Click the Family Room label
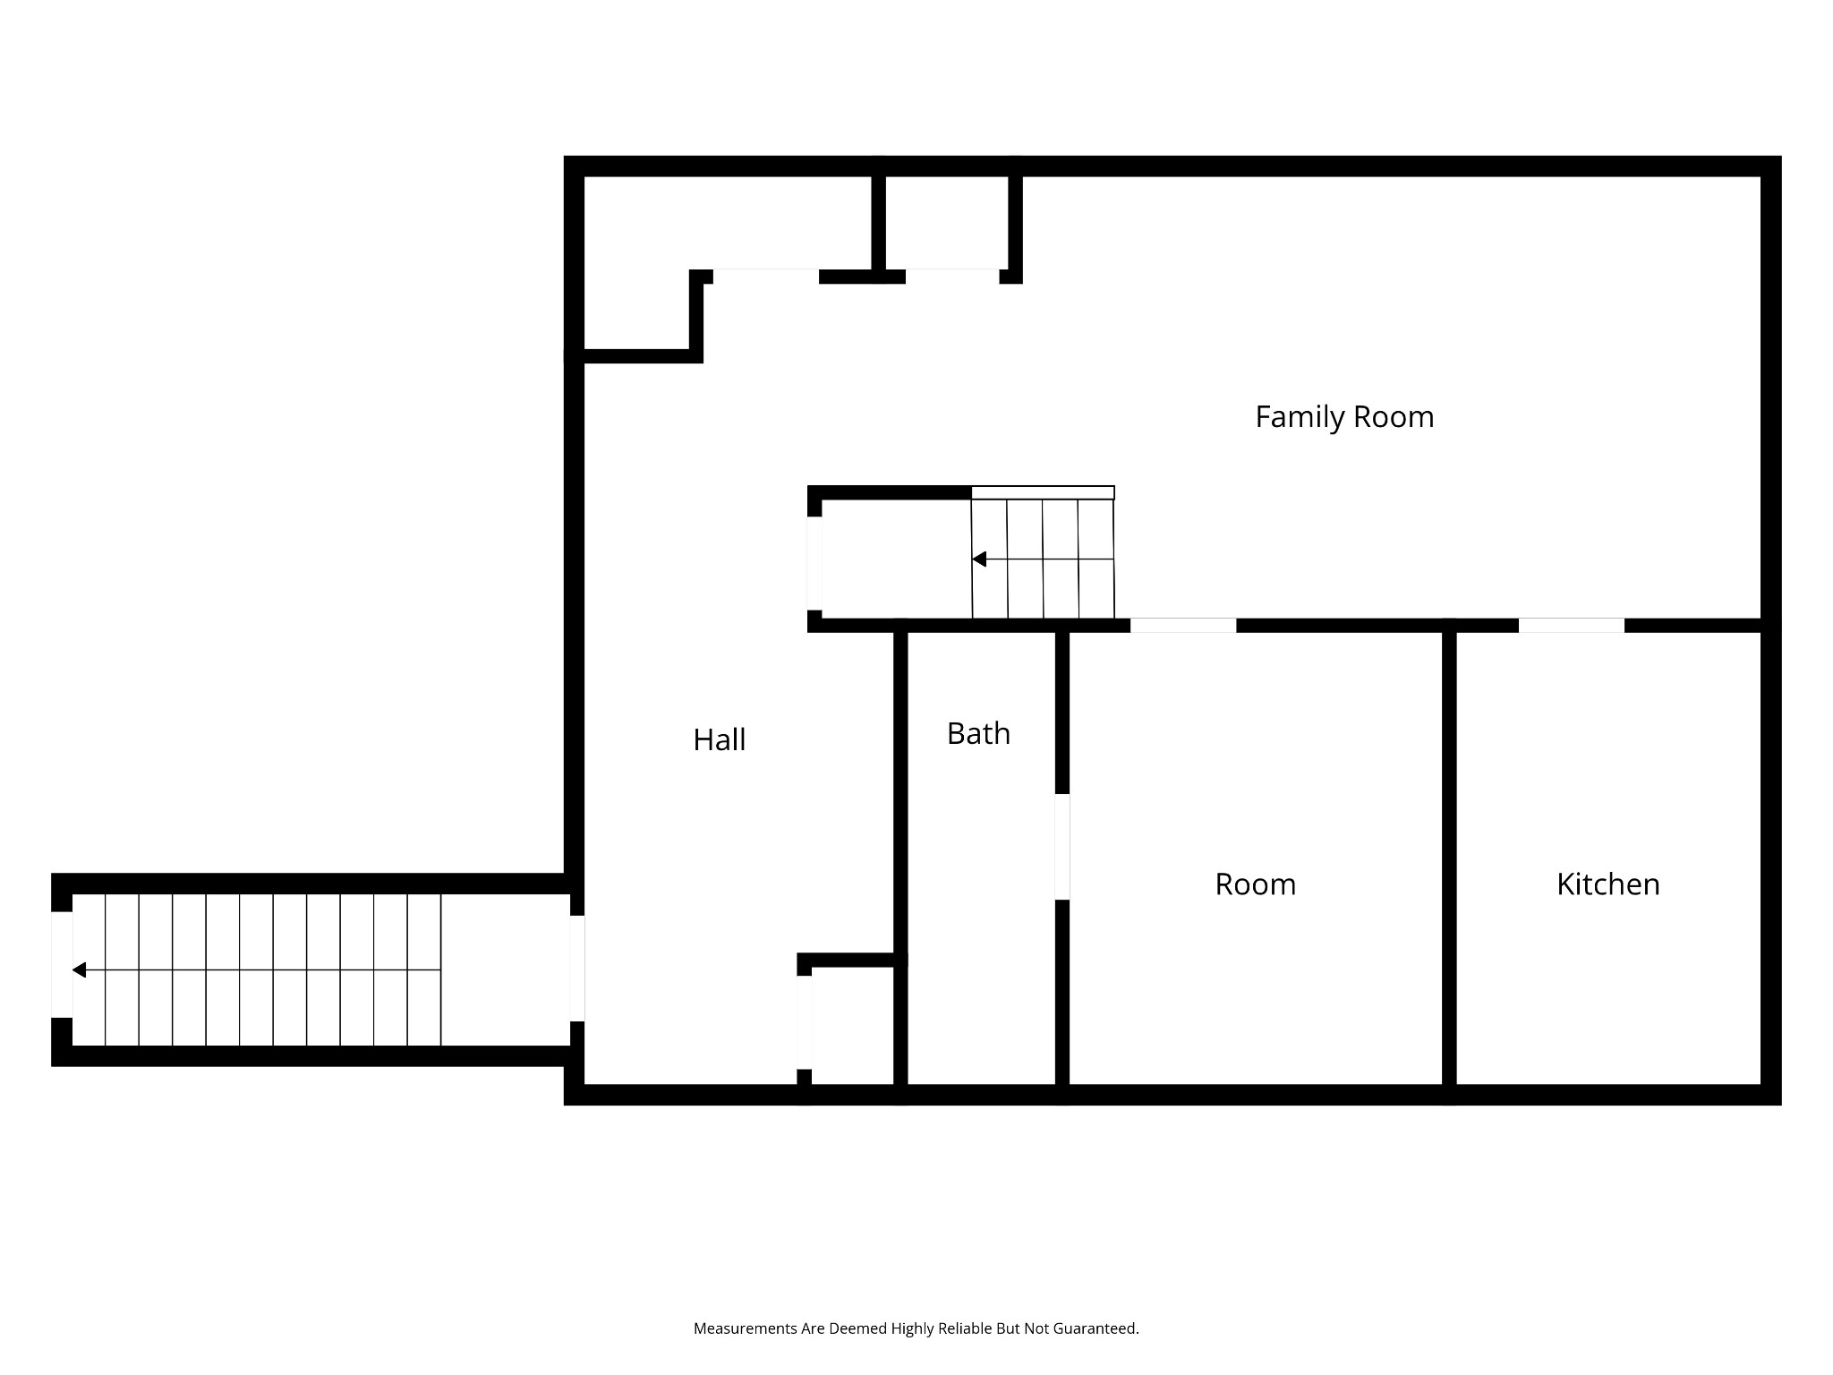(1343, 417)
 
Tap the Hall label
(719, 739)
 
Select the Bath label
(978, 734)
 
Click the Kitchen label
(1607, 884)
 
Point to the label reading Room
(1255, 884)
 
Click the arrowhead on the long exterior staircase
(80, 969)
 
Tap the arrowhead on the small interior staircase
(979, 559)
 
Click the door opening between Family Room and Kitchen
(1571, 626)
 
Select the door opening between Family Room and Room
(1183, 626)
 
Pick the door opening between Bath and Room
(1062, 847)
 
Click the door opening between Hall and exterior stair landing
(577, 968)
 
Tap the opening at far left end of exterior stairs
(62, 964)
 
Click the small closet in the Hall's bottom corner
(852, 1026)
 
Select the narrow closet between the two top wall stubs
(947, 224)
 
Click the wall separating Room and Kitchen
(1449, 859)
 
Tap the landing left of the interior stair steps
(895, 559)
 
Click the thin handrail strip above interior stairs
(1043, 492)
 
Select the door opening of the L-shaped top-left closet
(765, 276)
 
